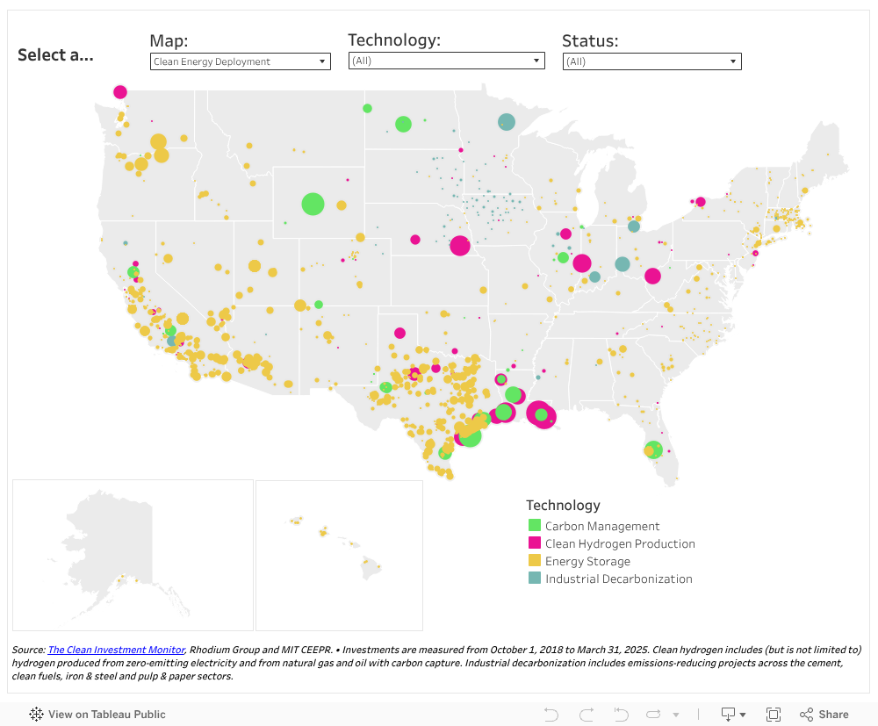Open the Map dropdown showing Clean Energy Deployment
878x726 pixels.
pos(240,61)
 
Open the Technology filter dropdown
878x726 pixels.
pos(446,61)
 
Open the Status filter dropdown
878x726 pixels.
pos(651,61)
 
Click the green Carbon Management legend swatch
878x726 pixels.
pos(534,526)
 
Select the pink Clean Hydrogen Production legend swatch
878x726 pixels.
pos(534,543)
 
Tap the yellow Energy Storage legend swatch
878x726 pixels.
pos(534,561)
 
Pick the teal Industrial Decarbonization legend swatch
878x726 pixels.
pos(534,579)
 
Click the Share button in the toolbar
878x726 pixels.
pos(824,715)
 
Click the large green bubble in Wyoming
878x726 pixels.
pos(313,204)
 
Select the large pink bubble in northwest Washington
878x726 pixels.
pos(120,91)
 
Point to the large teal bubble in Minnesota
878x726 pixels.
pos(507,122)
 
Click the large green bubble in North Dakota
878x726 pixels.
pos(403,124)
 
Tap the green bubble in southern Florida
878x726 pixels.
pos(652,449)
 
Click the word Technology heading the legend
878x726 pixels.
pos(563,505)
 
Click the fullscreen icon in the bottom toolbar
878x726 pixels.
pos(774,715)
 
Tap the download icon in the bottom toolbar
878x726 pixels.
pos(728,715)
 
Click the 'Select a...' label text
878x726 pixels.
pos(55,55)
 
